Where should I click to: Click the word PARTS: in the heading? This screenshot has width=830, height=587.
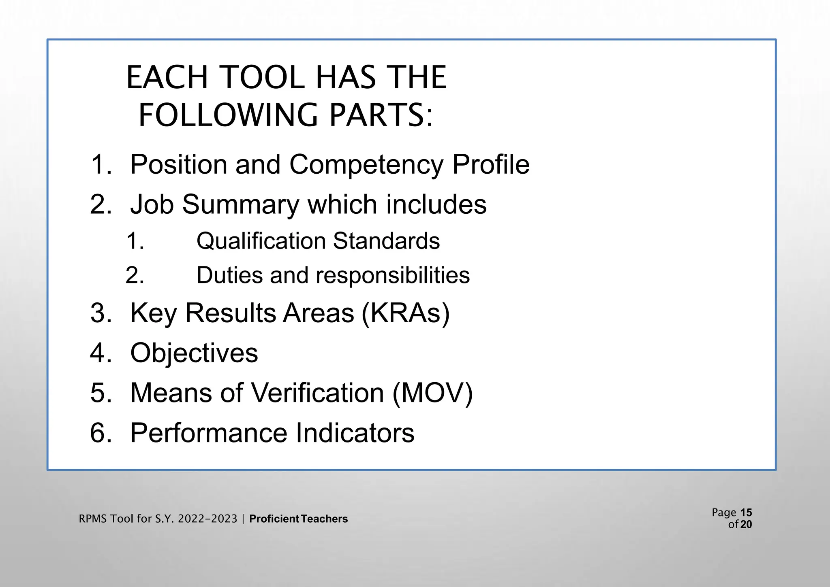pyautogui.click(x=381, y=115)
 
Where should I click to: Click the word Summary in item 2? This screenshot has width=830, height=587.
pyautogui.click(x=240, y=204)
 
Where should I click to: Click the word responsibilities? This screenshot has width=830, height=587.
pyautogui.click(x=392, y=275)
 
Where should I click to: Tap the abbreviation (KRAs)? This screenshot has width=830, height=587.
pyautogui.click(x=405, y=313)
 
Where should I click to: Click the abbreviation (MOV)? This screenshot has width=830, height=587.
pyautogui.click(x=432, y=393)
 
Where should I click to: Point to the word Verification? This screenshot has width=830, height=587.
pyautogui.click(x=317, y=393)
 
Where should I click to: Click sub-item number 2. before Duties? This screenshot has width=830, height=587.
pyautogui.click(x=135, y=276)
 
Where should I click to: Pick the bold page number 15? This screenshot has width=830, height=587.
pyautogui.click(x=746, y=513)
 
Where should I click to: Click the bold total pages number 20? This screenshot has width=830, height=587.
pyautogui.click(x=746, y=525)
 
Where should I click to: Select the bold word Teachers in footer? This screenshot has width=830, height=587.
pyautogui.click(x=325, y=519)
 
